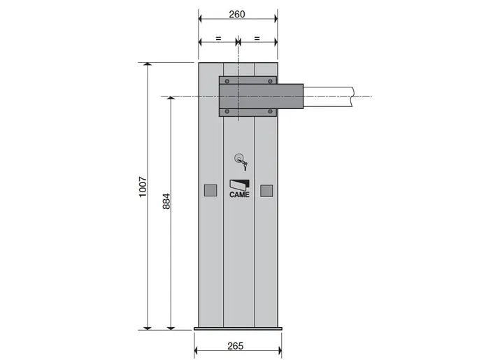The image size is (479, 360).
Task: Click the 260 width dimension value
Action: coord(237,14)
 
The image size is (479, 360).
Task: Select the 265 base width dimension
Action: coord(235,346)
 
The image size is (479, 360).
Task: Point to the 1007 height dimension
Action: coord(143,187)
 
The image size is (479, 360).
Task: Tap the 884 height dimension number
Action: coord(166,201)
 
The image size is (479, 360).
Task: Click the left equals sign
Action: coord(218,38)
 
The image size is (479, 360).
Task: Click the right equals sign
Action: coord(257,38)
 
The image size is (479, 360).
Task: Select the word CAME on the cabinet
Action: coord(239,195)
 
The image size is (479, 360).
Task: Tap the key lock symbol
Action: coord(241,162)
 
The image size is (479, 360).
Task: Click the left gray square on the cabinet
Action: coord(210,191)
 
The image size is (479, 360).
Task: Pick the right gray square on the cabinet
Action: coord(266,191)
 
